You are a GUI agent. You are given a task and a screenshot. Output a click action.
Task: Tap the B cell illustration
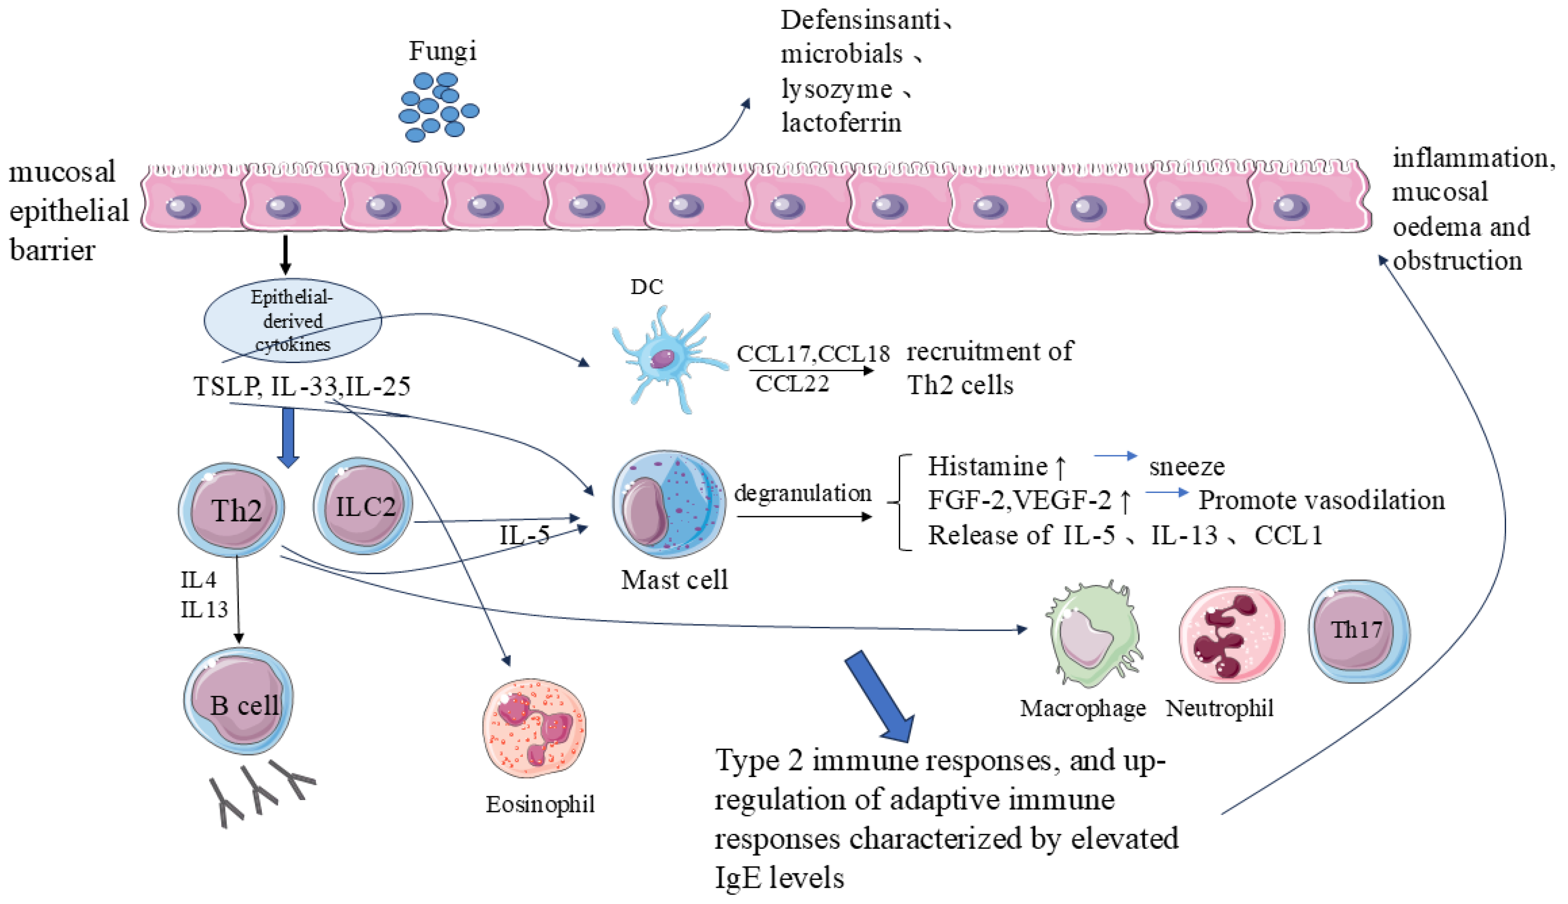pyautogui.click(x=239, y=701)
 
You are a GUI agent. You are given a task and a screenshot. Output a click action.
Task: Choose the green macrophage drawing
pyautogui.click(x=1094, y=635)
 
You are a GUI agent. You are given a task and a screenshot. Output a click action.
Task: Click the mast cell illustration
pyautogui.click(x=668, y=504)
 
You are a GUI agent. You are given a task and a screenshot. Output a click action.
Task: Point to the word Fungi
pyautogui.click(x=442, y=51)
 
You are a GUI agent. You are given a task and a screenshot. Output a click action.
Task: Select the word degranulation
pyautogui.click(x=802, y=493)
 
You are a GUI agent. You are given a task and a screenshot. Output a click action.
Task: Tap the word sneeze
pyautogui.click(x=1186, y=466)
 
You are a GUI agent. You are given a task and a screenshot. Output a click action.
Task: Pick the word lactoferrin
pyautogui.click(x=841, y=122)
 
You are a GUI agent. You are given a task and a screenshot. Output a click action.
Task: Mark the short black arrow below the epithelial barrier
pyautogui.click(x=285, y=255)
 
